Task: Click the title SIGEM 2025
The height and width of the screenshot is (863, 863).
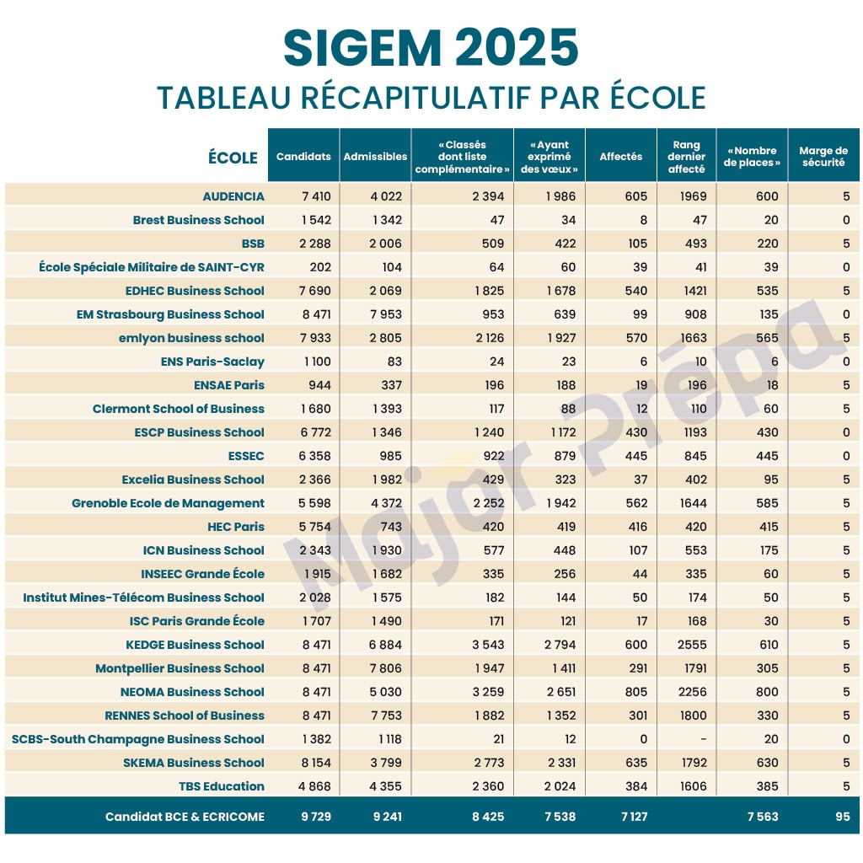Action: pyautogui.click(x=431, y=48)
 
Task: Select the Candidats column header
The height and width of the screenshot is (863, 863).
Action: pyautogui.click(x=303, y=157)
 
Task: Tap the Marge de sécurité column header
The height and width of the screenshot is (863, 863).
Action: pyautogui.click(x=823, y=157)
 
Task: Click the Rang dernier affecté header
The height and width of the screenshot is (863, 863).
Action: pyautogui.click(x=686, y=157)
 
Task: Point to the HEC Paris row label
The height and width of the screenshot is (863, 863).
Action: pyautogui.click(x=236, y=527)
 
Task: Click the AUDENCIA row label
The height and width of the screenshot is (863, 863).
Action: pyautogui.click(x=233, y=196)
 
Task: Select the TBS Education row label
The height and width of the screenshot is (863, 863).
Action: pyautogui.click(x=222, y=786)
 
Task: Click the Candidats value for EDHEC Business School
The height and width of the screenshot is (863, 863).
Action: pyautogui.click(x=316, y=291)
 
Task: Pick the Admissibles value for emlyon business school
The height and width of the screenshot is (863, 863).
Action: pyautogui.click(x=387, y=338)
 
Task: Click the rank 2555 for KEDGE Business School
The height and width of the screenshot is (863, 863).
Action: pyautogui.click(x=690, y=645)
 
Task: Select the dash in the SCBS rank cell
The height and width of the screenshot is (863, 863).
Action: pyautogui.click(x=704, y=739)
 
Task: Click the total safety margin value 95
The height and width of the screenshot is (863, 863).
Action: pyautogui.click(x=843, y=817)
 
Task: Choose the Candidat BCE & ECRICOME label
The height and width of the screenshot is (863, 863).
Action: pyautogui.click(x=185, y=817)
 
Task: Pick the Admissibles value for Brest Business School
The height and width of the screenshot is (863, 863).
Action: pyautogui.click(x=387, y=220)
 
